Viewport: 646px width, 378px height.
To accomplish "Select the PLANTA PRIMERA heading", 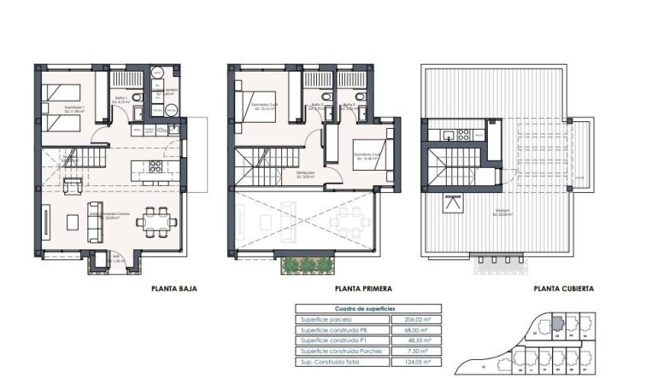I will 365,289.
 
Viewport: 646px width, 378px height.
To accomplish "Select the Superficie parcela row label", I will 326,319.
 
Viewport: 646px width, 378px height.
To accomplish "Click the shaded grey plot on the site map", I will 556,323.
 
